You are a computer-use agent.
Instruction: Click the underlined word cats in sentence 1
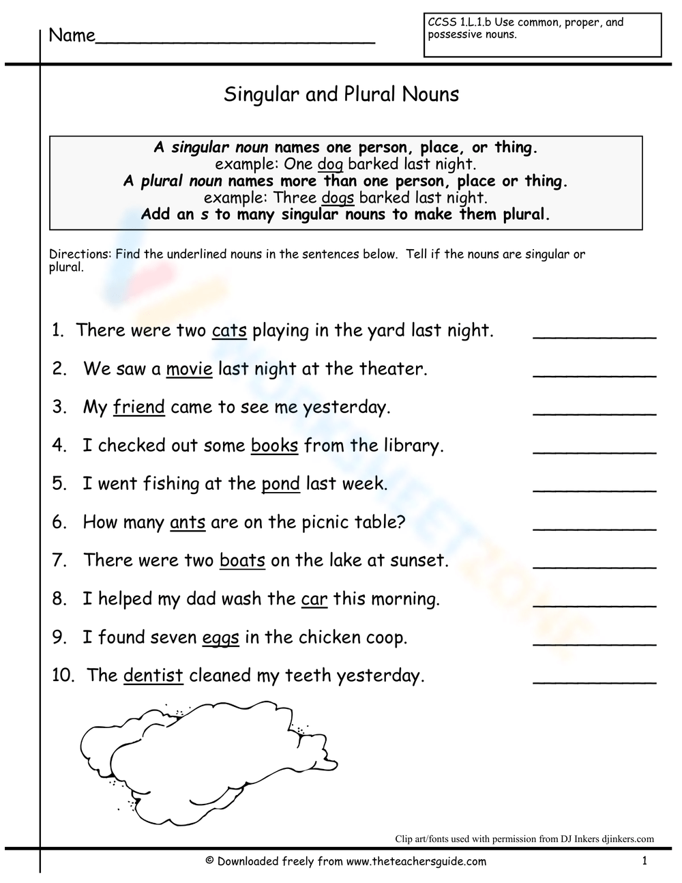click(x=229, y=331)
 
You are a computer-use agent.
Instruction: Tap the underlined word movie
click(x=189, y=369)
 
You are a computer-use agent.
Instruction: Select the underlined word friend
click(x=139, y=407)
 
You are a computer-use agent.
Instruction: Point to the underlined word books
click(x=274, y=446)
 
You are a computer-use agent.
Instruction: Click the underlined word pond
click(x=280, y=484)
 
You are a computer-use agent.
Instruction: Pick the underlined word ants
click(x=188, y=523)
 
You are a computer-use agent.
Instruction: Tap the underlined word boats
click(x=242, y=561)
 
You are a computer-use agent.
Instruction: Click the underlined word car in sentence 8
click(x=314, y=600)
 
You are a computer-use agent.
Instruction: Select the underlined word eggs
click(x=220, y=638)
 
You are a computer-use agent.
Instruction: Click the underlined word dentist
click(x=153, y=676)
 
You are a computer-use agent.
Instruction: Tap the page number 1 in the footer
click(x=644, y=861)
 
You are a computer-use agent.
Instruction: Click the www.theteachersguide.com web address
click(x=416, y=861)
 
